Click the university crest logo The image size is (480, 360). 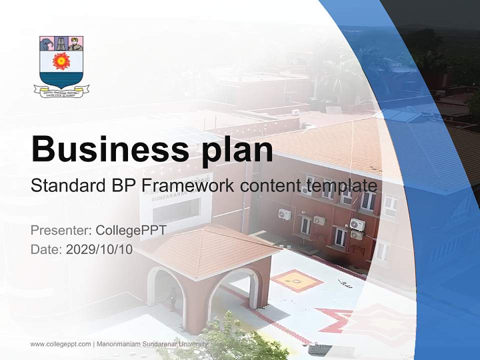61,65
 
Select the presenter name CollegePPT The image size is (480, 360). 130,230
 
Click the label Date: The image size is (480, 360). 46,249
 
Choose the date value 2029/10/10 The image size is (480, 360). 99,249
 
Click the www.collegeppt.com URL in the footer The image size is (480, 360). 60,344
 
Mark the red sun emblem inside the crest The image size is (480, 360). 61,61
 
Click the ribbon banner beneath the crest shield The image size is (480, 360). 61,91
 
